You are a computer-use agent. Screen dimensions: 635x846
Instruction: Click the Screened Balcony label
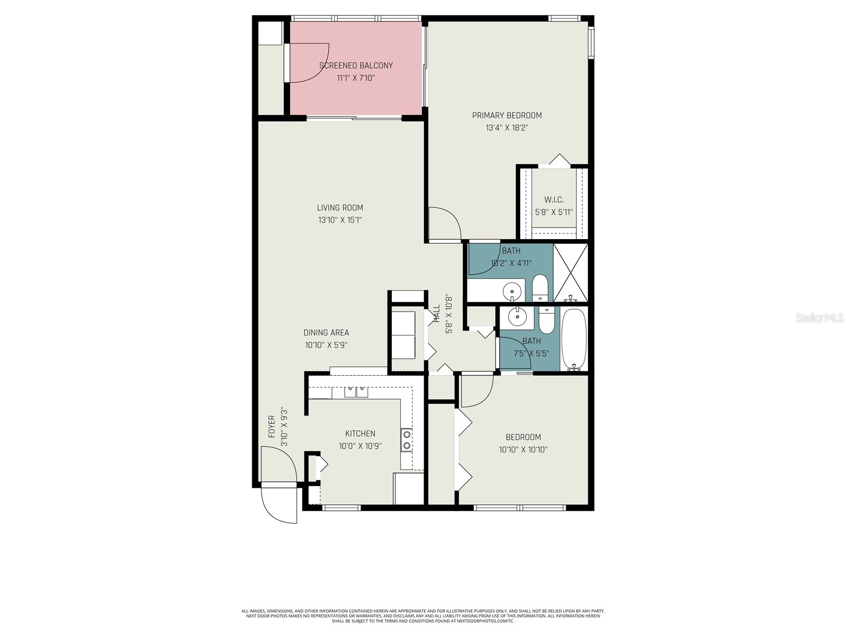pyautogui.click(x=356, y=66)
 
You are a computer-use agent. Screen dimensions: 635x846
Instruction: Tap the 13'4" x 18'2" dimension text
pyautogui.click(x=507, y=128)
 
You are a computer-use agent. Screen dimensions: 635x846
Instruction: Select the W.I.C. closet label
pyautogui.click(x=554, y=200)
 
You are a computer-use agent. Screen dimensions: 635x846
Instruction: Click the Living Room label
pyautogui.click(x=340, y=208)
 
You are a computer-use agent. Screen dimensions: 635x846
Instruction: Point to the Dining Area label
pyautogui.click(x=326, y=333)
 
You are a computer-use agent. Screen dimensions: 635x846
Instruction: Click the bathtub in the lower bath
pyautogui.click(x=574, y=339)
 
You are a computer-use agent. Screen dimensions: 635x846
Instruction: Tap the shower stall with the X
pyautogui.click(x=571, y=273)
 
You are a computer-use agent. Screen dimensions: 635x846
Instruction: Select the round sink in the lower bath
pyautogui.click(x=516, y=317)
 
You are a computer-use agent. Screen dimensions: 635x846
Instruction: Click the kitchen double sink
pyautogui.click(x=356, y=392)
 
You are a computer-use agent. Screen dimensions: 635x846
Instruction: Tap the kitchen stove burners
pyautogui.click(x=406, y=440)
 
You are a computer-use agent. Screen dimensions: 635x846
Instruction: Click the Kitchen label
pyautogui.click(x=360, y=433)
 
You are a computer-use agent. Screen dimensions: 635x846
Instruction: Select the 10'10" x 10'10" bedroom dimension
pyautogui.click(x=523, y=450)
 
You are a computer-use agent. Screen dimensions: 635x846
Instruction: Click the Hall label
pyautogui.click(x=437, y=313)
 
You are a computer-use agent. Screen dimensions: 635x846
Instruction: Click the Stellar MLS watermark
pyautogui.click(x=819, y=317)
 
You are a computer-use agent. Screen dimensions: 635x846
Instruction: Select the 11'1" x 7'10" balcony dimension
pyautogui.click(x=356, y=78)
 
